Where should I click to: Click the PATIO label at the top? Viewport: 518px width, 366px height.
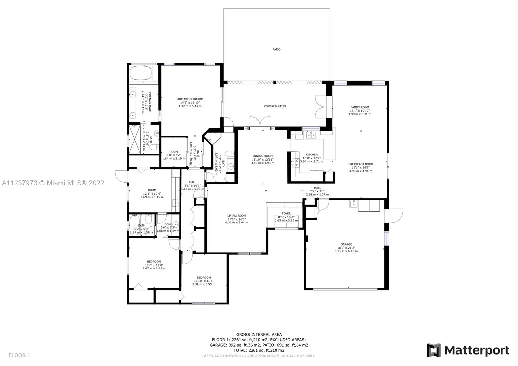point(276,49)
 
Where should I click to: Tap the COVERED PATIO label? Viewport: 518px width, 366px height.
point(275,106)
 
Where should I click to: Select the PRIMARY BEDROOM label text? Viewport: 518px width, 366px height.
point(190,99)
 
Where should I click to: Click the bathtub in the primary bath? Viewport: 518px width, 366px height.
point(141,73)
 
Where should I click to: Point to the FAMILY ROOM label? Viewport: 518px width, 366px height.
point(359,107)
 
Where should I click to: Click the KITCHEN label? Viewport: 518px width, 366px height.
point(311,154)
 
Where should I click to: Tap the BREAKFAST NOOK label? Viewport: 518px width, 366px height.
point(360,164)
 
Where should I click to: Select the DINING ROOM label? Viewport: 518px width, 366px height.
point(262,156)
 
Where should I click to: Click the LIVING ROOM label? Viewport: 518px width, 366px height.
point(236,215)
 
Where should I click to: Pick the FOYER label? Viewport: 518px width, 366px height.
point(286,213)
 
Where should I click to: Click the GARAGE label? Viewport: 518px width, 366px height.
point(346,244)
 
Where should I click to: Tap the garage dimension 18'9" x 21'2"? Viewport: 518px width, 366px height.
point(346,248)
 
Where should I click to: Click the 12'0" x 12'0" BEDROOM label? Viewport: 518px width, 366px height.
point(154,262)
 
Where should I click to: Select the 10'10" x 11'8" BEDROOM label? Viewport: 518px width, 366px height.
point(204,277)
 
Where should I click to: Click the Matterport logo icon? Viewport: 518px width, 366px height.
point(433,350)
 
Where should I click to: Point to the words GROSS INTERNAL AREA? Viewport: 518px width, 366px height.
point(259,334)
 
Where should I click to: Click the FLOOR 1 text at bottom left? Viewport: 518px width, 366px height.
point(19,355)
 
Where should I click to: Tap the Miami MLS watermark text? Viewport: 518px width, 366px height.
point(53,183)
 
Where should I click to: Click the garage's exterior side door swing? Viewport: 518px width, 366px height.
point(396,215)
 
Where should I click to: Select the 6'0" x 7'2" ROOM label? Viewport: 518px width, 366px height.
point(174,152)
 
